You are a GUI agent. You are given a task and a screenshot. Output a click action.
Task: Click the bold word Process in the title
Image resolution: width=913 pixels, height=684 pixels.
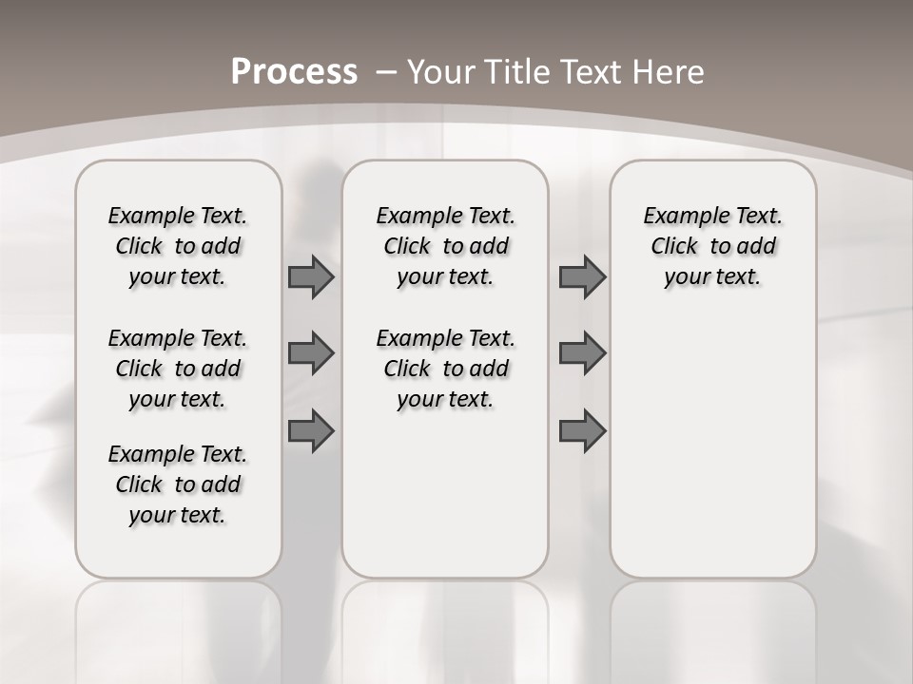click(x=294, y=72)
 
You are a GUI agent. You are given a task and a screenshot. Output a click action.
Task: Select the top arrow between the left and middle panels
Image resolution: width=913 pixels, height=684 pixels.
click(x=311, y=276)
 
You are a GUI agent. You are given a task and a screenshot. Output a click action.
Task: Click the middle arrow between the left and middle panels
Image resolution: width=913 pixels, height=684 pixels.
click(x=311, y=353)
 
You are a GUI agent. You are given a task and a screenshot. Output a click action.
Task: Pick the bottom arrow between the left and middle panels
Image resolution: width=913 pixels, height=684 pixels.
click(x=311, y=431)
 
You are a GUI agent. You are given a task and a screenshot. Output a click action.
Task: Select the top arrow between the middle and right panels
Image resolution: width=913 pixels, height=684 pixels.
click(x=582, y=276)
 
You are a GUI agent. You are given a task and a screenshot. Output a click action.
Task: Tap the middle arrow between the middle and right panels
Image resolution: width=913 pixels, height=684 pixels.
click(x=582, y=353)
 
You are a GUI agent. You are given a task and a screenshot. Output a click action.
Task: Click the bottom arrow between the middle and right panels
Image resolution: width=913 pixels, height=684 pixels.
click(x=582, y=431)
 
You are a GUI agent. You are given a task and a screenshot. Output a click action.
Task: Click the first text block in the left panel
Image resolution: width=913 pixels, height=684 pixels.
click(x=178, y=246)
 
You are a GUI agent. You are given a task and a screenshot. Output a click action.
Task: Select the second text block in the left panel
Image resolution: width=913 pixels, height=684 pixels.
click(x=178, y=369)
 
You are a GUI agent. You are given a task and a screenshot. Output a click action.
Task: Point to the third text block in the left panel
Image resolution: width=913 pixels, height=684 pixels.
click(x=178, y=484)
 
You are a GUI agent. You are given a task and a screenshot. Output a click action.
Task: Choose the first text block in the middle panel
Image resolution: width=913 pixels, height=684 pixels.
click(x=445, y=246)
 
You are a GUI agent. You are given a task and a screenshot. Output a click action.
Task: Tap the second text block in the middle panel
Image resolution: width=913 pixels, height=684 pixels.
click(x=445, y=369)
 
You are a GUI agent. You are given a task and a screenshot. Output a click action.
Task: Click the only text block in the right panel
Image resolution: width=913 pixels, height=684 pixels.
click(x=712, y=246)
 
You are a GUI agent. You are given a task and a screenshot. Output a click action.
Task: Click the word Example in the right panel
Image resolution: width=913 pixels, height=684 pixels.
click(x=679, y=217)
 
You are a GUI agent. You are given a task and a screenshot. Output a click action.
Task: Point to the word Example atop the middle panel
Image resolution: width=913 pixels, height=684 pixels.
click(x=412, y=217)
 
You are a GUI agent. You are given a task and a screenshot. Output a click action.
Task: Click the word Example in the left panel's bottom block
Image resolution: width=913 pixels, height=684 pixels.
click(x=144, y=455)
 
